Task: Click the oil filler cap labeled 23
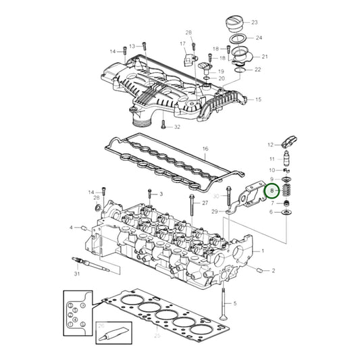point(231,26)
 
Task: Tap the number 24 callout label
point(258,38)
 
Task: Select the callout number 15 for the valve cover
point(257,99)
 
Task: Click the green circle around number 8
point(272,192)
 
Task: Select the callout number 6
point(271,212)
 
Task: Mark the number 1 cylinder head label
point(263,251)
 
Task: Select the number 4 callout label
point(70,227)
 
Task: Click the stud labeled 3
point(151,195)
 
